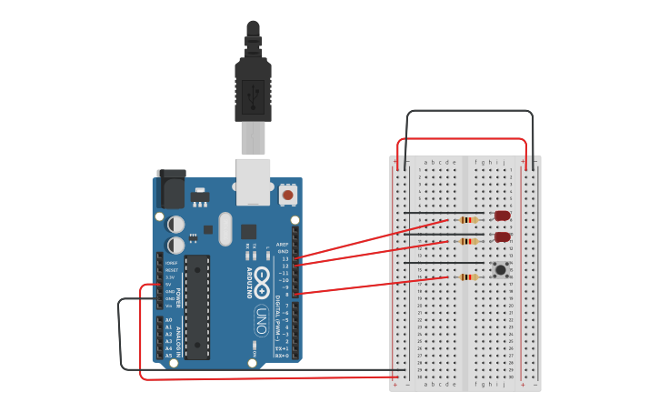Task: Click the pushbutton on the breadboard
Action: (500, 269)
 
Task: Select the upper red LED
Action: (502, 216)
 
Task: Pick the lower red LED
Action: (502, 236)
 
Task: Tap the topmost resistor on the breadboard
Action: (468, 219)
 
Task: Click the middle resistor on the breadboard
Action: (468, 241)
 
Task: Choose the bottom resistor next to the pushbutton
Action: (468, 276)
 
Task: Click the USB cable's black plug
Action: (253, 86)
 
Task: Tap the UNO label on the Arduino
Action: (261, 320)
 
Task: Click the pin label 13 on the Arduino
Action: (285, 258)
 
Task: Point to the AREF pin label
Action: (283, 245)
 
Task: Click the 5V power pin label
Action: (169, 284)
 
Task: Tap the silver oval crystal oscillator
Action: (225, 228)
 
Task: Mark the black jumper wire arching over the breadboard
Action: (469, 112)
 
